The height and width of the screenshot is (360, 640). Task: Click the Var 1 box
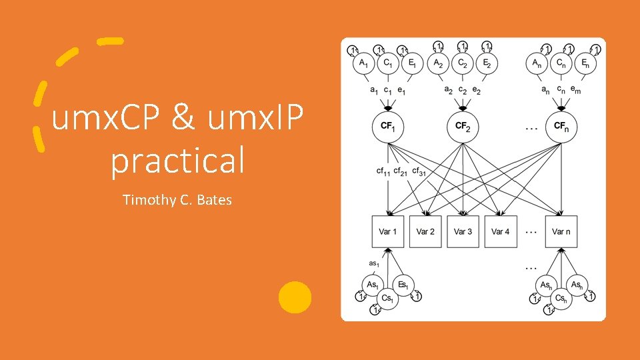point(388,231)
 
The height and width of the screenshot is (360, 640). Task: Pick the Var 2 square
point(425,231)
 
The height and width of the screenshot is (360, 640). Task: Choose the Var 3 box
point(463,231)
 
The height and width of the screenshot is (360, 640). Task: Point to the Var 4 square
point(500,231)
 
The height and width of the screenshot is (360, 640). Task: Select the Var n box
point(561,231)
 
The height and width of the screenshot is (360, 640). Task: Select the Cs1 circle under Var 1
point(387,298)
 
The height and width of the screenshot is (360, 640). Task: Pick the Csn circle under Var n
point(561,298)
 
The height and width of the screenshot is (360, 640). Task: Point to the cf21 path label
point(401,171)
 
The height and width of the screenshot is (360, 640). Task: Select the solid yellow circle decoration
point(295,297)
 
